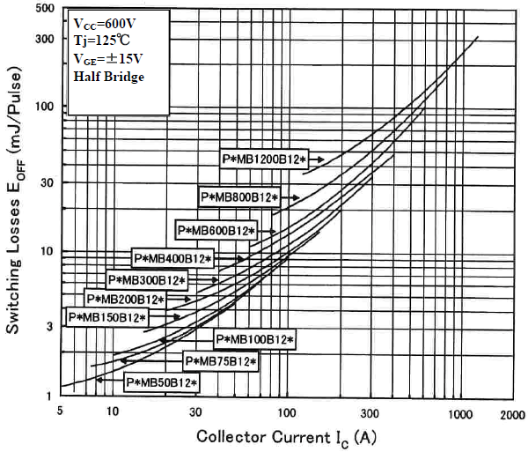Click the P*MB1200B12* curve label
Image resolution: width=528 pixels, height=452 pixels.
click(x=264, y=158)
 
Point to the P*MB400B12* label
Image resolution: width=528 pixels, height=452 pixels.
click(x=173, y=258)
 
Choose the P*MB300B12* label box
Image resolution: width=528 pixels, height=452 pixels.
click(x=148, y=280)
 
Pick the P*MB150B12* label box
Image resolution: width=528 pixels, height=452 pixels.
click(x=107, y=316)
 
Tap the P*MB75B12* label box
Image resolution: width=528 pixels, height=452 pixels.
click(x=220, y=361)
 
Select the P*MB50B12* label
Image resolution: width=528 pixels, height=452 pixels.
click(x=162, y=382)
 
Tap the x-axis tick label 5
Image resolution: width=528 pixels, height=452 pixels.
click(x=60, y=412)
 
